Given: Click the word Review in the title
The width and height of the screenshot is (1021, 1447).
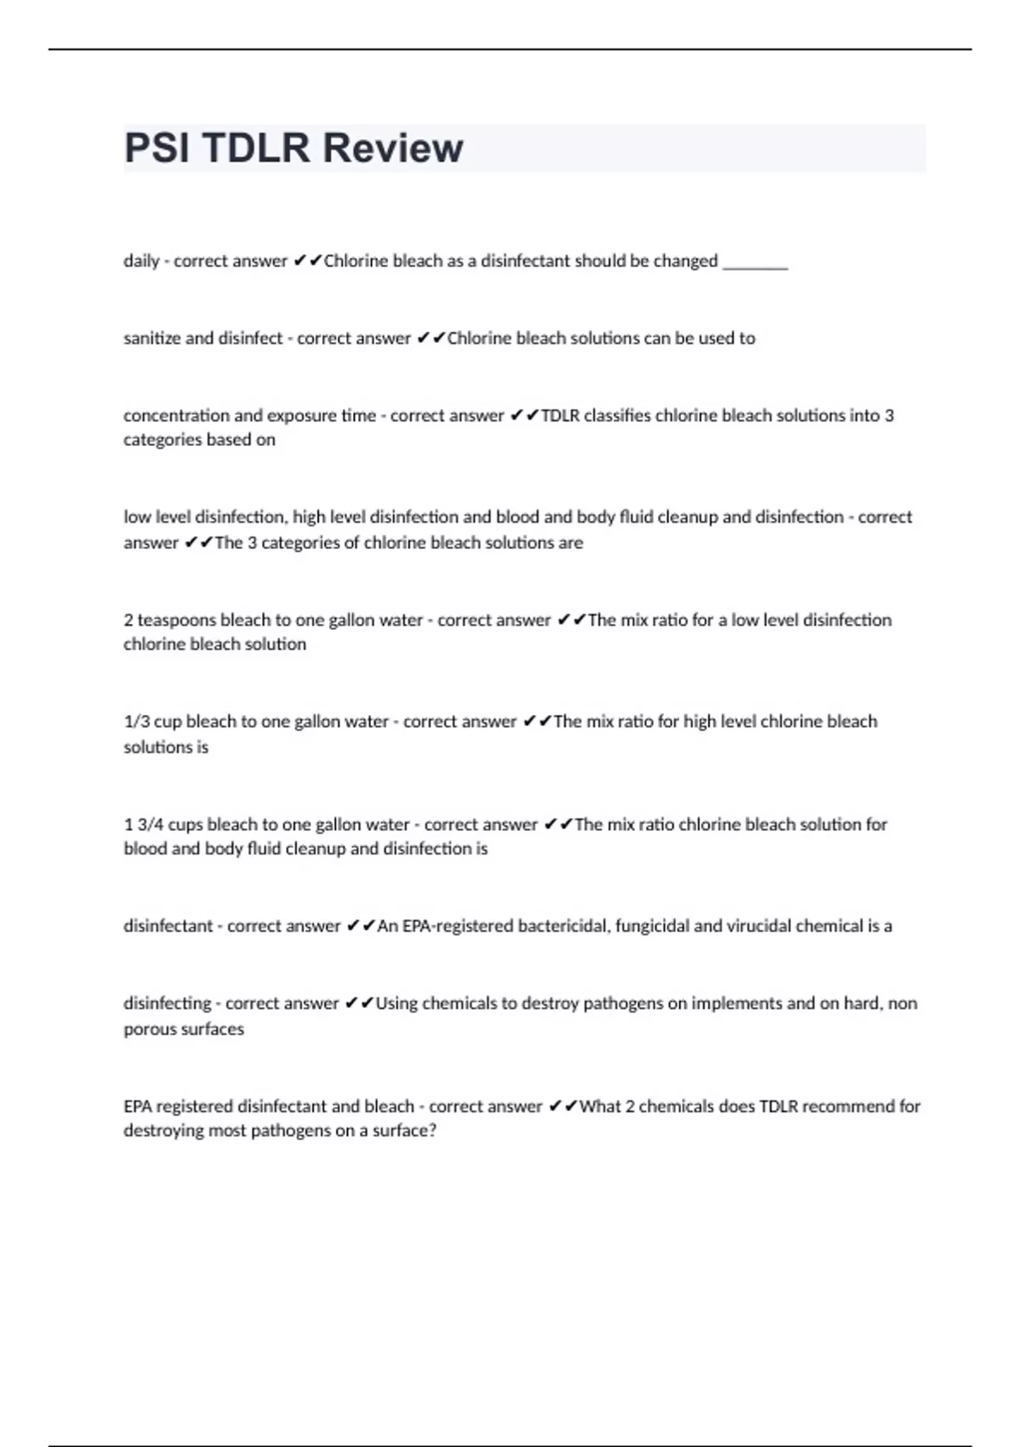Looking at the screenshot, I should tap(393, 148).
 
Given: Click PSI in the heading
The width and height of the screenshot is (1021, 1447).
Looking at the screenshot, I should tap(157, 148).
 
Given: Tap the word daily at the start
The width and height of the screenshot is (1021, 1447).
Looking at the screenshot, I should tap(141, 261).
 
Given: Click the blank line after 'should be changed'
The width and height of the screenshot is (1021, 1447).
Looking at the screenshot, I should tap(755, 263).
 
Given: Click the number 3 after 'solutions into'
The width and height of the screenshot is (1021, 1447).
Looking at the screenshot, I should tap(889, 416).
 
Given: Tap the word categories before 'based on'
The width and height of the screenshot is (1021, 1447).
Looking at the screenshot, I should tap(163, 440).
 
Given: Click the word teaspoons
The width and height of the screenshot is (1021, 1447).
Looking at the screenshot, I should tap(176, 621).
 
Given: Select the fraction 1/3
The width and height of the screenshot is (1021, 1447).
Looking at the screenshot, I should tap(136, 722).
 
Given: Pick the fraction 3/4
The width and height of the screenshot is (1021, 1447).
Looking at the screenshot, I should tap(150, 825).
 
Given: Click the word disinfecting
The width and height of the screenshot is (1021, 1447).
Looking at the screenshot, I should tap(167, 1004).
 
